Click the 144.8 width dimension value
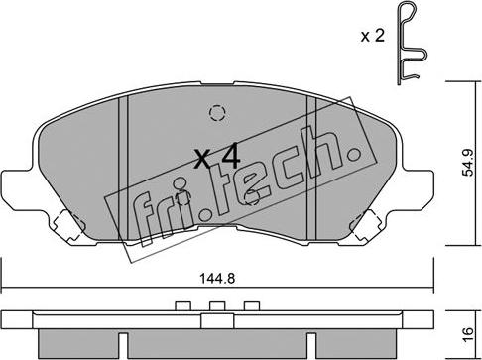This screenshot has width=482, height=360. pyautogui.click(x=217, y=279)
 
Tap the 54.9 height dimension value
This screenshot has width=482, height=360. pyautogui.click(x=469, y=163)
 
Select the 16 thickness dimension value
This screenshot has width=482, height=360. pyautogui.click(x=469, y=335)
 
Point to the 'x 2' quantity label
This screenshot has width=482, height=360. pyautogui.click(x=373, y=36)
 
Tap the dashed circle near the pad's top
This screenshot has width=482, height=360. pyautogui.click(x=217, y=113)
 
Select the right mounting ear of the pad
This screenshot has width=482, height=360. pyautogui.click(x=418, y=189)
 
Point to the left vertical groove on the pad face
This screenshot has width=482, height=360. pyautogui.click(x=123, y=168)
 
